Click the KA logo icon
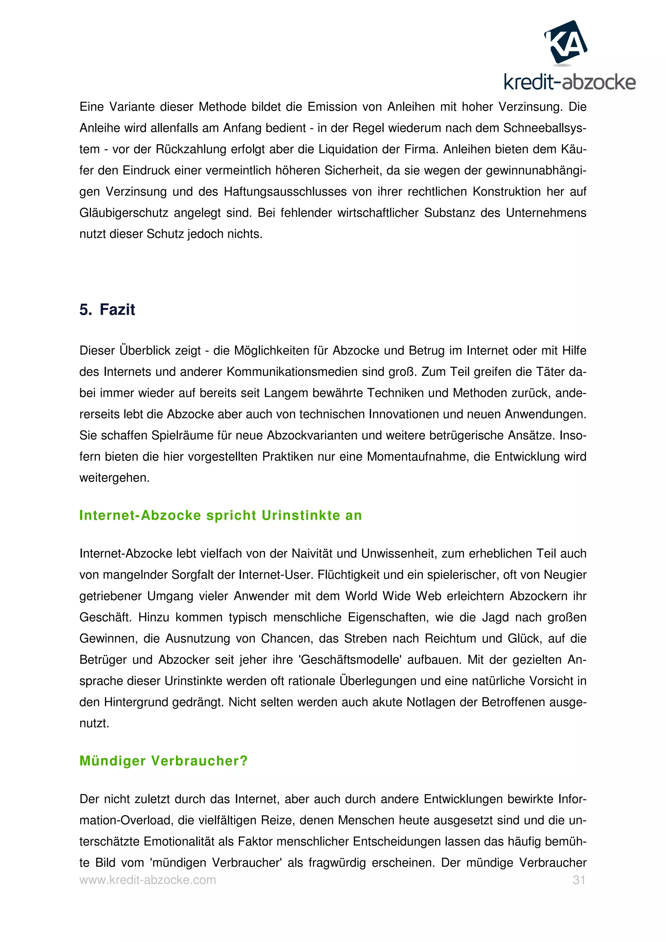pos(566,42)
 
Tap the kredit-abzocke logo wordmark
pos(569,83)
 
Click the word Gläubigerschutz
pos(124,213)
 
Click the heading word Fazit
pos(117,309)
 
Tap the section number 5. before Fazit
pos(85,309)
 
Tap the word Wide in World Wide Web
pos(396,596)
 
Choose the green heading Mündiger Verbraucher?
pos(163,761)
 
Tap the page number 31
pos(579,880)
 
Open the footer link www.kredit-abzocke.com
pos(147,880)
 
